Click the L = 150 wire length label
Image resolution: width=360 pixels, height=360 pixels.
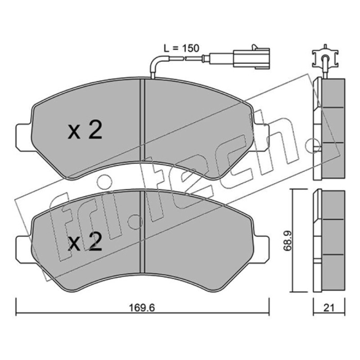click(x=181, y=48)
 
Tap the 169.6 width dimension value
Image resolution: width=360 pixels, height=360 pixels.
click(x=142, y=308)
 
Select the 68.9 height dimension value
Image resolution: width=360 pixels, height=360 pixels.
click(x=288, y=240)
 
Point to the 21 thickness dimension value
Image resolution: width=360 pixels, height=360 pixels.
click(x=329, y=308)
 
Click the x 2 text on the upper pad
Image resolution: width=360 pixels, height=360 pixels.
click(x=85, y=130)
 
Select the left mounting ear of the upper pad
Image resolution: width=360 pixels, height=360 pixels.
click(x=23, y=138)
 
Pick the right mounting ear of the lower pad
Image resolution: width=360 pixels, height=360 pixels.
click(x=261, y=250)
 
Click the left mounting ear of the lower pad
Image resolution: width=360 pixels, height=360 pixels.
click(x=23, y=250)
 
